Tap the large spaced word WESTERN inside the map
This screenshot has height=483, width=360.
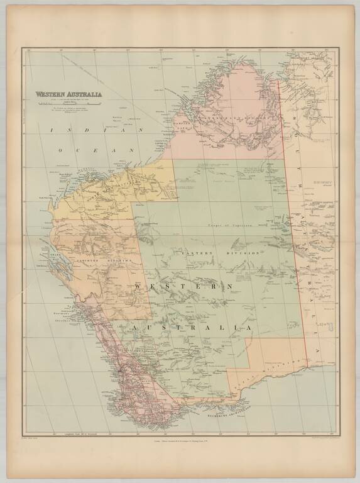183,287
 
